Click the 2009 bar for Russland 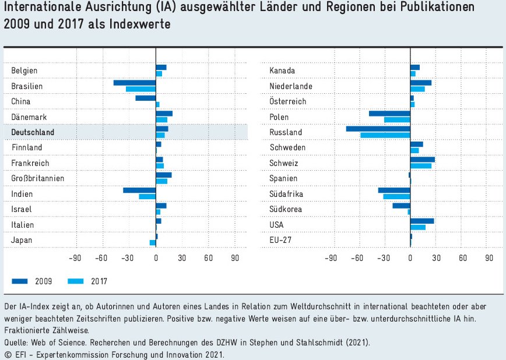click(x=378, y=129)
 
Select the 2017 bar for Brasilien click(x=140, y=89)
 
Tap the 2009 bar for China click(x=145, y=98)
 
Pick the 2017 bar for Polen click(x=397, y=120)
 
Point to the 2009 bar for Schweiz click(x=422, y=160)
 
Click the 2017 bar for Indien click(x=147, y=197)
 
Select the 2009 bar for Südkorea click(x=401, y=206)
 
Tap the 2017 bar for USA click(x=417, y=227)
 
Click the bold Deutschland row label click(x=33, y=132)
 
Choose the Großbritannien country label click(x=38, y=178)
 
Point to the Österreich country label click(x=288, y=101)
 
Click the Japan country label click(x=22, y=240)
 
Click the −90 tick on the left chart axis click(x=75, y=259)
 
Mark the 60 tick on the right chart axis click(x=463, y=259)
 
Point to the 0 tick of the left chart click(x=156, y=259)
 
